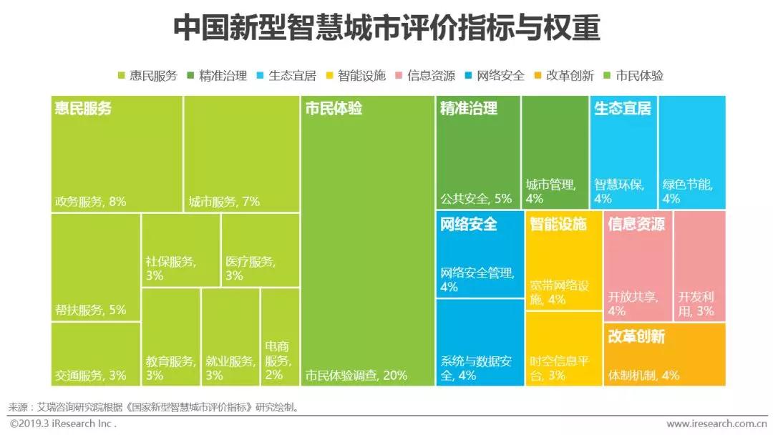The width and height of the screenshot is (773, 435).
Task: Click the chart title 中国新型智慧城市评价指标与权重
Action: (x=386, y=28)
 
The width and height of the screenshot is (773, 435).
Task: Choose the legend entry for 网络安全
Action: (x=495, y=75)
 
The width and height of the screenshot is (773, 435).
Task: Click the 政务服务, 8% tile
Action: (x=117, y=154)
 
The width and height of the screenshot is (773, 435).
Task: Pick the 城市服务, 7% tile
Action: (x=241, y=154)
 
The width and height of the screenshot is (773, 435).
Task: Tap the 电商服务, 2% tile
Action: (x=280, y=336)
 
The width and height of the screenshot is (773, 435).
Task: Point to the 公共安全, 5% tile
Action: (x=477, y=154)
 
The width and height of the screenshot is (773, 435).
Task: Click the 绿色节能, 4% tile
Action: (x=692, y=154)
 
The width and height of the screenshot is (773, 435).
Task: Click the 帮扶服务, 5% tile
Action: (x=95, y=266)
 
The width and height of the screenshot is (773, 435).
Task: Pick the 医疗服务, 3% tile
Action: (x=261, y=250)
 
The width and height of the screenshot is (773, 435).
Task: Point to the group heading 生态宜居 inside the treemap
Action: (x=622, y=109)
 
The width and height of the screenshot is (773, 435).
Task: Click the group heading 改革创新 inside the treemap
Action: (x=636, y=336)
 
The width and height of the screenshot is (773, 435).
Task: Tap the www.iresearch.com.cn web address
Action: (x=715, y=424)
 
